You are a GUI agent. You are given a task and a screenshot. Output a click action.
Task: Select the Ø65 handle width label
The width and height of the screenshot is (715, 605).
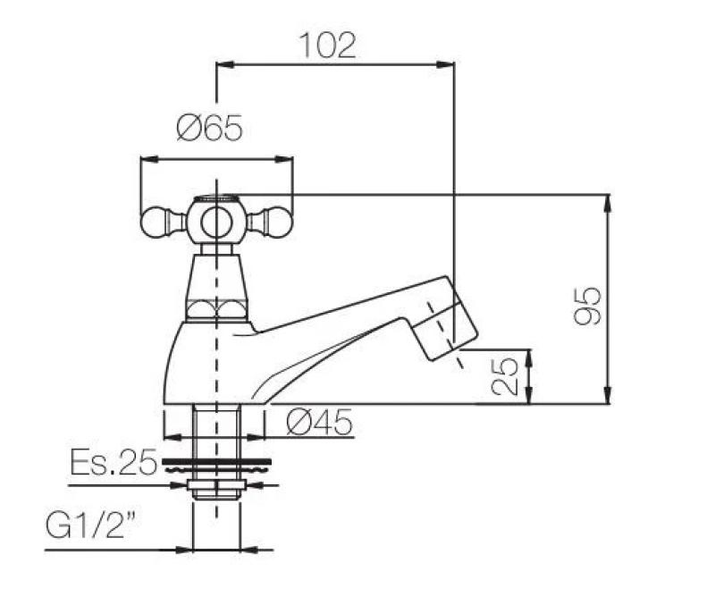click(x=209, y=130)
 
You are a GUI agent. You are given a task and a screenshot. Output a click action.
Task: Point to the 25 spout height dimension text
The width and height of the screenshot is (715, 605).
click(x=505, y=376)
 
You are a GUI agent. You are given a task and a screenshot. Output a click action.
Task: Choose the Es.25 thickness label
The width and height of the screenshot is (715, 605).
click(x=113, y=462)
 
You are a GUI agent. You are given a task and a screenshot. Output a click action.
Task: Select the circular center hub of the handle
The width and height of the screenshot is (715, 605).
click(x=216, y=220)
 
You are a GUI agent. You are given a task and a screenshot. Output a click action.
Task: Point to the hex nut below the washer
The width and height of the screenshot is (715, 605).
click(x=216, y=486)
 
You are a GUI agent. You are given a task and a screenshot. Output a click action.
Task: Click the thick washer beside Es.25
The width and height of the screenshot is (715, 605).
click(x=216, y=464)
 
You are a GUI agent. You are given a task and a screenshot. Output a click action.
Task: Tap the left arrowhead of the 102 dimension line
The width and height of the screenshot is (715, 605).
click(x=224, y=63)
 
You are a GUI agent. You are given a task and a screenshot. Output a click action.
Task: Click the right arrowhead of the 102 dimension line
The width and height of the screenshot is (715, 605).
click(x=449, y=63)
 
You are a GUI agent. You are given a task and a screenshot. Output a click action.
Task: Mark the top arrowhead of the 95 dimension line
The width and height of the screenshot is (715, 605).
click(x=609, y=200)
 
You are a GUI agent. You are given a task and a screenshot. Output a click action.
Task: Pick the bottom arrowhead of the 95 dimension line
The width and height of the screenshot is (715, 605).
click(x=609, y=399)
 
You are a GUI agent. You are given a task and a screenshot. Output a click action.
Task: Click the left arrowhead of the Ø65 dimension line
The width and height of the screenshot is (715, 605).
click(x=147, y=160)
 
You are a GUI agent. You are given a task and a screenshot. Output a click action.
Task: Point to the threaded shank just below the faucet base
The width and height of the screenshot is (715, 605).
click(x=216, y=429)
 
